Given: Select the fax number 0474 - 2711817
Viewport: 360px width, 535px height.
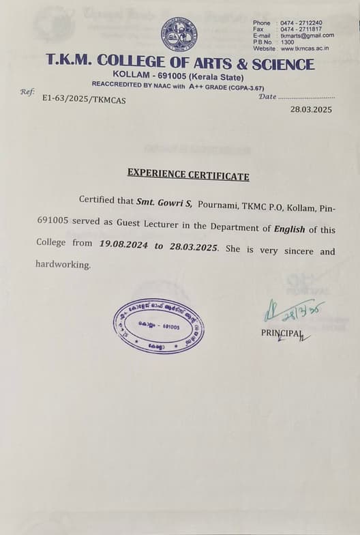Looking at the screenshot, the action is pos(301,29).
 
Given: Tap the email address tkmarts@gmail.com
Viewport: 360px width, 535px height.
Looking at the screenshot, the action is pos(307,35).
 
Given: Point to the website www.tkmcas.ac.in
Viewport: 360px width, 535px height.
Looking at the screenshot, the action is pos(305,48).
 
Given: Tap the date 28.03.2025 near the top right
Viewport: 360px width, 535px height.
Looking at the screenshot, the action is pos(311,109).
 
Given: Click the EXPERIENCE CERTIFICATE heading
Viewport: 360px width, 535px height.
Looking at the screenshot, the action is pos(188,175).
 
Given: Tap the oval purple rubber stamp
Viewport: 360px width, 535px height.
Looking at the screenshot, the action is pos(158,326).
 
